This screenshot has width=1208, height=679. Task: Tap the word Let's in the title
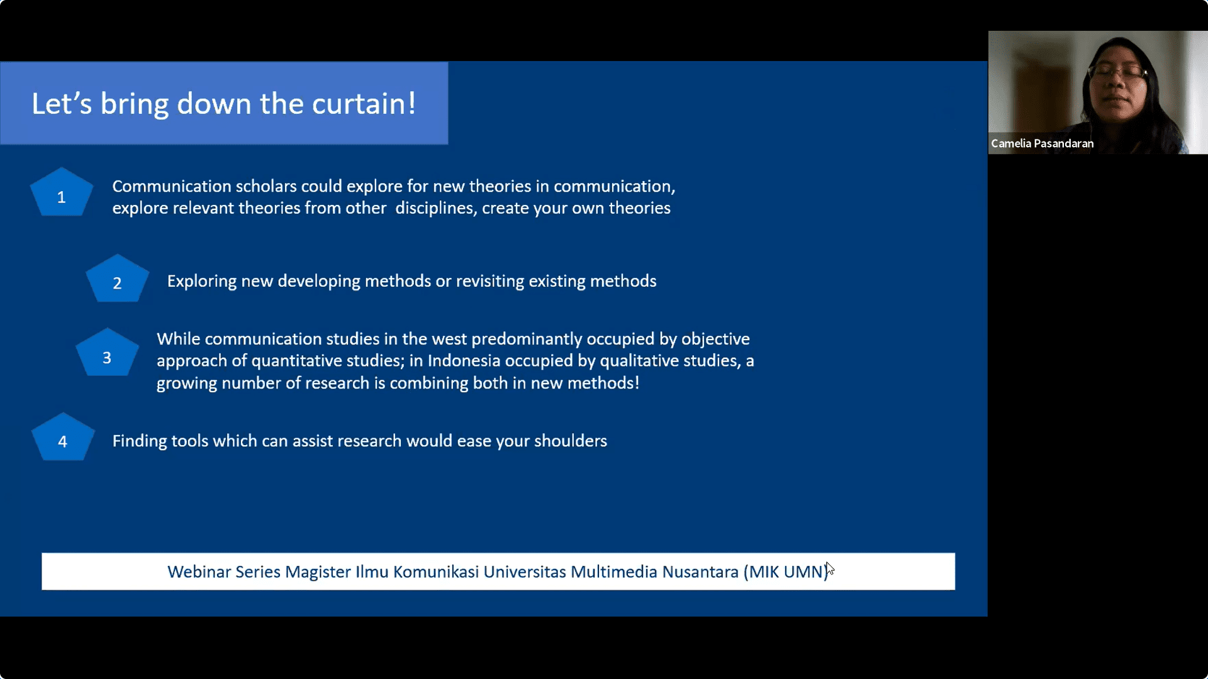[62, 104]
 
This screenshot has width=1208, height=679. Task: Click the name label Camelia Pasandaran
[1042, 143]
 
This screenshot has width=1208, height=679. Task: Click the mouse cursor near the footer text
[830, 568]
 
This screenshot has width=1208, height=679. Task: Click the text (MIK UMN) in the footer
[786, 572]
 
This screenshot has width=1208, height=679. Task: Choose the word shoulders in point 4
[570, 441]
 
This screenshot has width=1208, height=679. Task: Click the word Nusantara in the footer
[700, 571]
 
